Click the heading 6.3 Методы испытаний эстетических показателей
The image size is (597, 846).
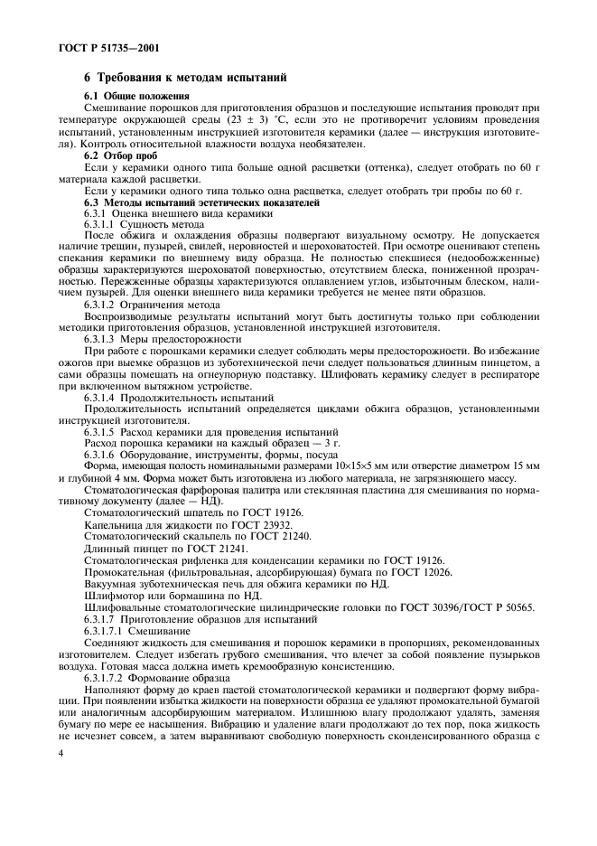click(202, 202)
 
